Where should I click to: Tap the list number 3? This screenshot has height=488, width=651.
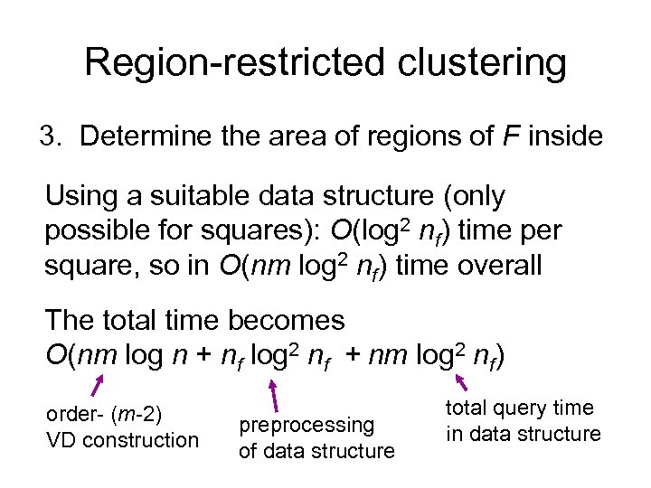[50, 136]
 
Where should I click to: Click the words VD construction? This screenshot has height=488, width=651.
[122, 440]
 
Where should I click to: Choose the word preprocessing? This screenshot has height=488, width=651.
[306, 425]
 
